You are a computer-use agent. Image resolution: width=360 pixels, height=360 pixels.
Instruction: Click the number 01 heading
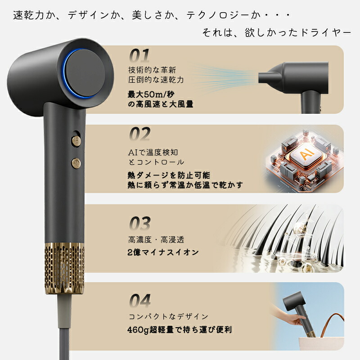pos(139,55)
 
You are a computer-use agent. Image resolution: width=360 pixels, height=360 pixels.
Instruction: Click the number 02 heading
pos(140,134)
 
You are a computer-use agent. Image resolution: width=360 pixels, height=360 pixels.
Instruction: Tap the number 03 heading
pos(140,223)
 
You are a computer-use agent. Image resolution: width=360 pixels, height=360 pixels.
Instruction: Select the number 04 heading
pos(140,301)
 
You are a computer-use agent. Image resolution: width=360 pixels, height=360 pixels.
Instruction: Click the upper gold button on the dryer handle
pos(76,141)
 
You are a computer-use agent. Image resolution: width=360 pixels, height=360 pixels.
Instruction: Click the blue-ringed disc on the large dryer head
pos(85,73)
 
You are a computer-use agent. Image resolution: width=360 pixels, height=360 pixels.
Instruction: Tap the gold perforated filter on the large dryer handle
pos(64,268)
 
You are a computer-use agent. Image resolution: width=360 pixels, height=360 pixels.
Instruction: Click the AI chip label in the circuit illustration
pos(306,154)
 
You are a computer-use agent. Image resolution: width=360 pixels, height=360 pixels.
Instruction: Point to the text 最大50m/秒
pos(151,94)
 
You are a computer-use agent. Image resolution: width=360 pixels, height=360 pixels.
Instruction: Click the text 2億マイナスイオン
pos(163,252)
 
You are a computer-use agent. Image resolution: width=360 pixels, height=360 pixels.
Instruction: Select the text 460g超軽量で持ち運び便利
pos(180,330)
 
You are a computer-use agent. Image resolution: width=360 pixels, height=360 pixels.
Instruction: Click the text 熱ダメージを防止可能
pos(169,175)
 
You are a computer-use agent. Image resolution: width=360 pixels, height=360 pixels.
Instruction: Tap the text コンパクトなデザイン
pos(168,316)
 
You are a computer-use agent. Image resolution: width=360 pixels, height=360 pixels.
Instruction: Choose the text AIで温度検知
pos(153,152)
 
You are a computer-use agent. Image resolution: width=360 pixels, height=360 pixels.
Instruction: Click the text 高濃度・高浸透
pos(156,240)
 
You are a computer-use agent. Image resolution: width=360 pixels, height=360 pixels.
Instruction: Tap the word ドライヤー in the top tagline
pos(326,32)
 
